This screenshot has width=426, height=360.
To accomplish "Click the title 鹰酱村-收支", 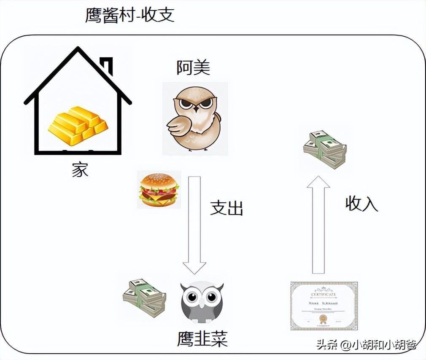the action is click(x=129, y=16).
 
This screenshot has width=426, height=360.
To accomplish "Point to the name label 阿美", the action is click(x=193, y=67).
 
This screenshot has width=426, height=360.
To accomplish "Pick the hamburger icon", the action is click(x=159, y=190).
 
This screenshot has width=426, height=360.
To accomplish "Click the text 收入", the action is click(x=361, y=204).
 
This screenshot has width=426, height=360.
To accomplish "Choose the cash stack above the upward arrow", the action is click(x=325, y=149).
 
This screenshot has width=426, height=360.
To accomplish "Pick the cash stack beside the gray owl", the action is click(x=144, y=298).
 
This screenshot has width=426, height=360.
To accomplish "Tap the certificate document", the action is click(x=324, y=305).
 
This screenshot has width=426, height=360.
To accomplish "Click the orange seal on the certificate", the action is click(x=323, y=318).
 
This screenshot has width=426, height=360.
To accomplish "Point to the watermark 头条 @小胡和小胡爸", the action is click(x=366, y=345).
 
